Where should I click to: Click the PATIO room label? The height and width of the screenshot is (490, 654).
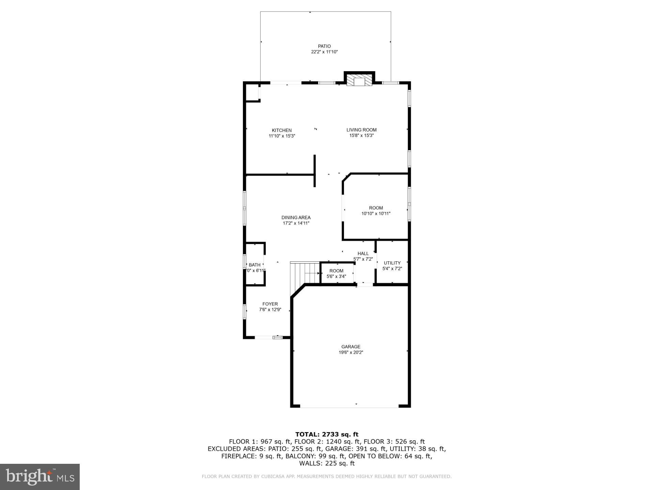tap(324, 46)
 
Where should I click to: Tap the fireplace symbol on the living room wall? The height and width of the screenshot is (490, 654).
tap(359, 81)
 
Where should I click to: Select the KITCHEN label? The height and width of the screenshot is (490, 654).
tap(282, 130)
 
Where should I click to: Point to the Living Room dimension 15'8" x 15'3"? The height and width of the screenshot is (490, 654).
tap(361, 135)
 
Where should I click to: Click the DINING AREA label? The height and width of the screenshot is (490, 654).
tap(296, 217)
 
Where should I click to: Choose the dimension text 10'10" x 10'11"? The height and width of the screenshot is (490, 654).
tap(376, 214)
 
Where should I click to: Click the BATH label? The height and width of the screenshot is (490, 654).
tap(254, 265)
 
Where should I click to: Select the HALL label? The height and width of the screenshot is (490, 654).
tap(363, 254)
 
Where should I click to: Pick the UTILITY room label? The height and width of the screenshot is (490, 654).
tap(392, 263)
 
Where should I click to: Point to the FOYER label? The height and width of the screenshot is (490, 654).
tap(270, 304)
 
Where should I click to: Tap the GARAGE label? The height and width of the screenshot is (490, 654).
tap(351, 347)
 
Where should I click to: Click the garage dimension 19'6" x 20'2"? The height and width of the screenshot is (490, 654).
tap(351, 353)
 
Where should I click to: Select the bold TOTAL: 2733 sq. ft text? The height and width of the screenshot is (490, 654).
tap(327, 434)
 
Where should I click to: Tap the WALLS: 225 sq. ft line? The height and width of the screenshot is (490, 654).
tap(327, 463)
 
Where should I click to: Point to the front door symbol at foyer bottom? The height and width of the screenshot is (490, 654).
tap(278, 337)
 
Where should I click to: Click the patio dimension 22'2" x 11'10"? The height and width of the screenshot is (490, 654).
tap(324, 52)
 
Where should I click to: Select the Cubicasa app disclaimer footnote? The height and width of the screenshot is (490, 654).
tap(327, 476)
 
